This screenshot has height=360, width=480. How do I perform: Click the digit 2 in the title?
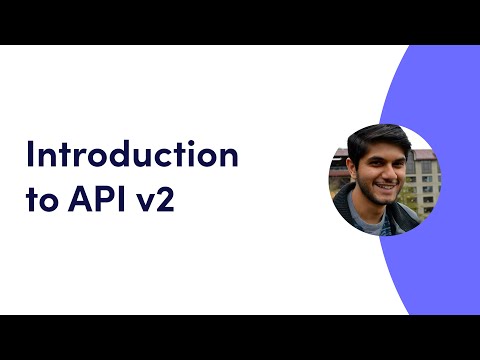point(170,200)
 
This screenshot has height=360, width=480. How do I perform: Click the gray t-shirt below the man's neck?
point(375,224)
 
